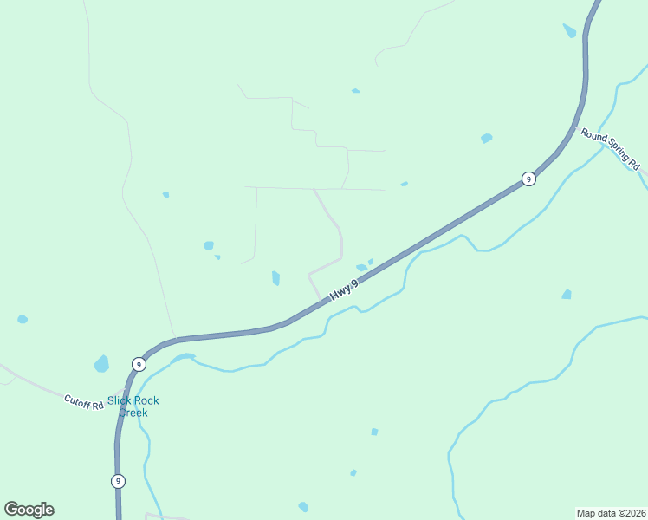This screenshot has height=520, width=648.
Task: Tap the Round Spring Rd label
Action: pos(610,148)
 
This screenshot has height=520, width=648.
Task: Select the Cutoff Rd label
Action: pos(83,401)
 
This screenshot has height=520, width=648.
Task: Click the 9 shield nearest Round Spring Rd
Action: pos(528,179)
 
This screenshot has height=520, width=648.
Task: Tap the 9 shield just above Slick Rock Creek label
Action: pos(139,364)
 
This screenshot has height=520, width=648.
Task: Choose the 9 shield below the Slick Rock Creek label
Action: pos(118,481)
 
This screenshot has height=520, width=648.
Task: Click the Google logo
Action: pos(29,510)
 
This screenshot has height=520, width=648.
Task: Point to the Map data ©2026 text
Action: pos(612,512)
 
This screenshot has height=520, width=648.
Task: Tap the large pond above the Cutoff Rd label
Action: pos(101,363)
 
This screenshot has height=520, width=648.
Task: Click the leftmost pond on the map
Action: pos(23,320)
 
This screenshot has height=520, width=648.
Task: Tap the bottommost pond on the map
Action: pos(303,507)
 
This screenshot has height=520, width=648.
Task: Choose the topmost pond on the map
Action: pos(569,31)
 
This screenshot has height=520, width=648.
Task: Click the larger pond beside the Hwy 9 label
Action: pos(360,268)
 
